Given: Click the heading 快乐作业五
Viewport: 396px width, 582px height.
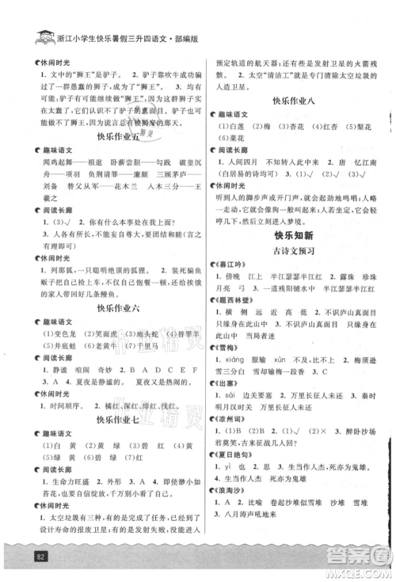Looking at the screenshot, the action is [115, 135].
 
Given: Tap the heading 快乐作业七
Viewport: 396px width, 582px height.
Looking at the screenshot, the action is [115, 419].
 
